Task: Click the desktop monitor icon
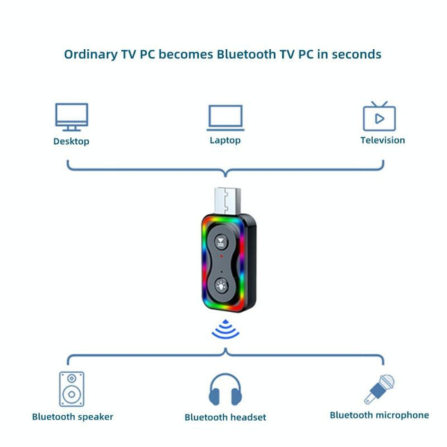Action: pos(71,116)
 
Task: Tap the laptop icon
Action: pos(225,118)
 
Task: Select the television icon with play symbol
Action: pos(379,116)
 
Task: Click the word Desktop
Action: pos(71,141)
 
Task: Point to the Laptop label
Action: pos(225,140)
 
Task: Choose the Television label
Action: pos(383,140)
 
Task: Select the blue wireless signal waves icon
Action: pos(225,331)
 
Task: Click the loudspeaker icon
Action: pos(71,389)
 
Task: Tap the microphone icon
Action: pos(380,389)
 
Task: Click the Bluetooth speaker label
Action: pos(73,417)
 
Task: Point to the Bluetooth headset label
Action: pos(225,417)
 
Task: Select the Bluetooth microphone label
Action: pos(379,415)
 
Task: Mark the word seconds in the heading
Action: pos(356,54)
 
